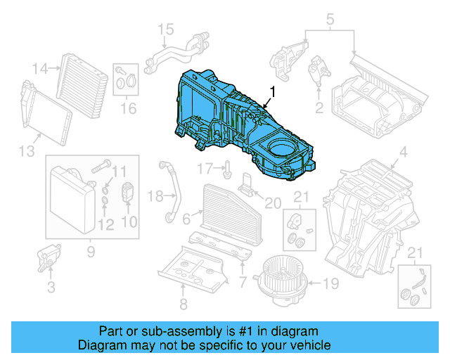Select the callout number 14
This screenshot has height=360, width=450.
(x=41, y=68)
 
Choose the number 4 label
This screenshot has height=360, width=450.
(x=403, y=153)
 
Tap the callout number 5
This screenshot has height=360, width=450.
(x=330, y=19)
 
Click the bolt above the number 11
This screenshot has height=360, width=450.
(x=101, y=167)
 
